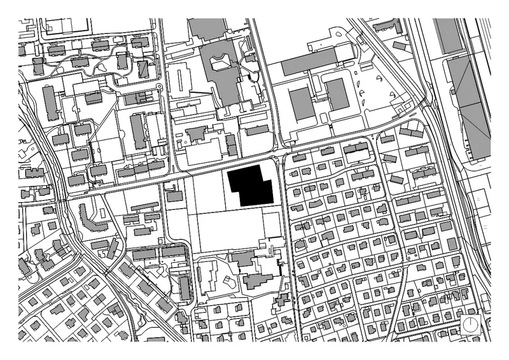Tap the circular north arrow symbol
470,326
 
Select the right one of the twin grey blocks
337,95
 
